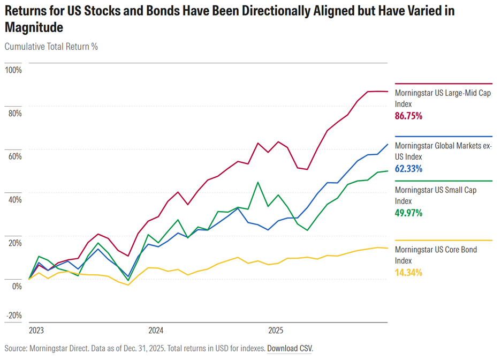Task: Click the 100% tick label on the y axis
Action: (x=13, y=70)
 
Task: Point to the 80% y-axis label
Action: (x=14, y=113)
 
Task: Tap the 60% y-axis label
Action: (x=14, y=156)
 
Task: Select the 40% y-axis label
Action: (x=14, y=199)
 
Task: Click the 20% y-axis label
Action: (x=14, y=243)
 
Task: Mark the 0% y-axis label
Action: (x=17, y=286)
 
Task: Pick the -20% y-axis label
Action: (x=14, y=315)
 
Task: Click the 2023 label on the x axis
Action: (x=36, y=330)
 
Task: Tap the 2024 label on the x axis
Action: (x=156, y=330)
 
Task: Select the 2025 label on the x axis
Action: (x=275, y=330)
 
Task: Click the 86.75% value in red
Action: (x=408, y=116)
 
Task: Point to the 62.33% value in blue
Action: (x=408, y=169)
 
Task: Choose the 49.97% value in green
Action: (x=408, y=213)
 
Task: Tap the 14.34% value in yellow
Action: (x=408, y=273)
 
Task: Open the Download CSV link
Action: (x=289, y=349)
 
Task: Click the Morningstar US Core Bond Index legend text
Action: (x=435, y=255)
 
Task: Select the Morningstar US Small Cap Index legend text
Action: (x=435, y=195)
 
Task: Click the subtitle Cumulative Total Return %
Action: (x=51, y=47)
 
